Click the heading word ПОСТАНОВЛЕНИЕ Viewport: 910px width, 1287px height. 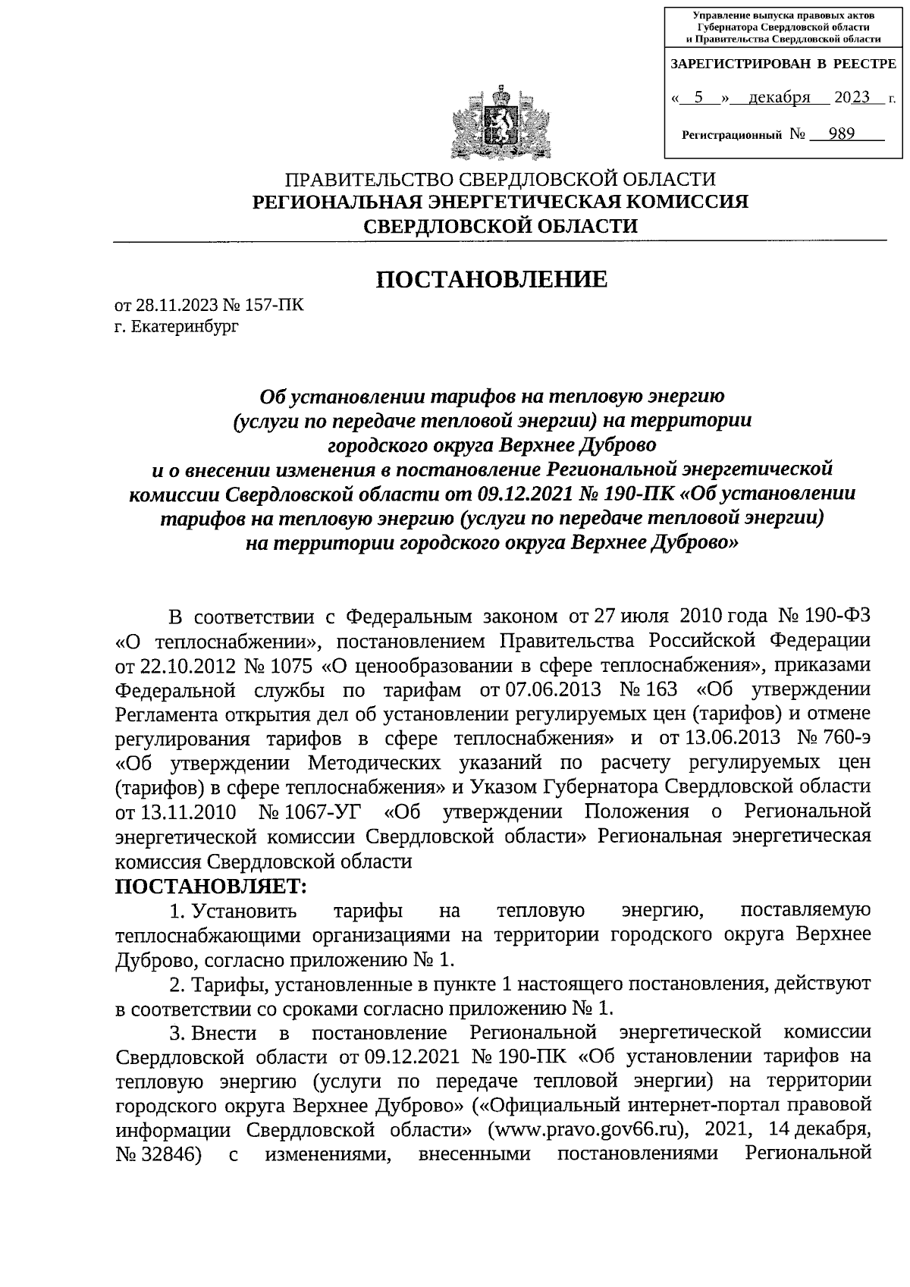493,279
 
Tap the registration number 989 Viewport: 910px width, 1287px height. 842,134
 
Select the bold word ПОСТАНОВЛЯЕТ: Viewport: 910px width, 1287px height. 210,885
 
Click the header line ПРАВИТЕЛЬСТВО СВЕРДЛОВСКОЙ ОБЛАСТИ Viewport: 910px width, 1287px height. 500,180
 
